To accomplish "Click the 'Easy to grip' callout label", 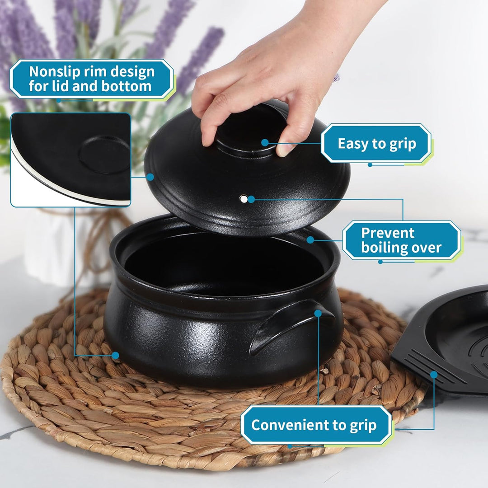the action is click(x=376, y=144).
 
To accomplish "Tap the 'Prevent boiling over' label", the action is click(x=402, y=240).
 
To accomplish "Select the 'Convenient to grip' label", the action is click(x=316, y=425).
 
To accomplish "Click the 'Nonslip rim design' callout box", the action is click(x=91, y=79).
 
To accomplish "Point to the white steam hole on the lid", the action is click(x=244, y=199).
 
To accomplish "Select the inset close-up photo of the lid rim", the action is click(x=70, y=160).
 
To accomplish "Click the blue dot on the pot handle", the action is click(x=318, y=314).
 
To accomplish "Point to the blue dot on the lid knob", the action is click(x=265, y=142).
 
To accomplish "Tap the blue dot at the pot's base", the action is click(x=116, y=356).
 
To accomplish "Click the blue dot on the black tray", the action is click(x=434, y=375).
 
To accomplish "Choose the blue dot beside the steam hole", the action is click(x=251, y=199).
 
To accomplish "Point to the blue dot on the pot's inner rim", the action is click(x=310, y=240).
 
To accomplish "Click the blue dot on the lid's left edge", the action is click(x=150, y=177).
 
